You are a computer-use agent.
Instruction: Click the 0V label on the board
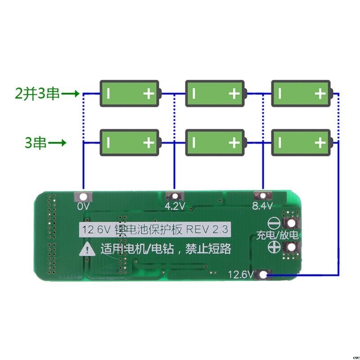click(84, 206)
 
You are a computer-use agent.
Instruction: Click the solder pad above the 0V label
click(84, 196)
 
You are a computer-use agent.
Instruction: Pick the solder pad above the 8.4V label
click(261, 196)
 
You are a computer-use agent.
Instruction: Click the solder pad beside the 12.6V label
click(264, 274)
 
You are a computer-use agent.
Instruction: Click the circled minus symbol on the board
click(274, 223)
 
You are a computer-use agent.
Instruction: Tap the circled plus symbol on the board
click(274, 247)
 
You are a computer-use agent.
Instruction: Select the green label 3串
click(36, 144)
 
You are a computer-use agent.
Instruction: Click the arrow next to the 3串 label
click(58, 144)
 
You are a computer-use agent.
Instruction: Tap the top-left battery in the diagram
click(130, 94)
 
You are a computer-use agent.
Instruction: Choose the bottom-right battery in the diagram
click(302, 143)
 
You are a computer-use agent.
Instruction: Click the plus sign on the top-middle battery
click(234, 94)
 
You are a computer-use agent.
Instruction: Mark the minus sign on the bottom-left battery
click(108, 143)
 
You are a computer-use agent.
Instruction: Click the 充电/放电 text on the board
click(277, 235)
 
